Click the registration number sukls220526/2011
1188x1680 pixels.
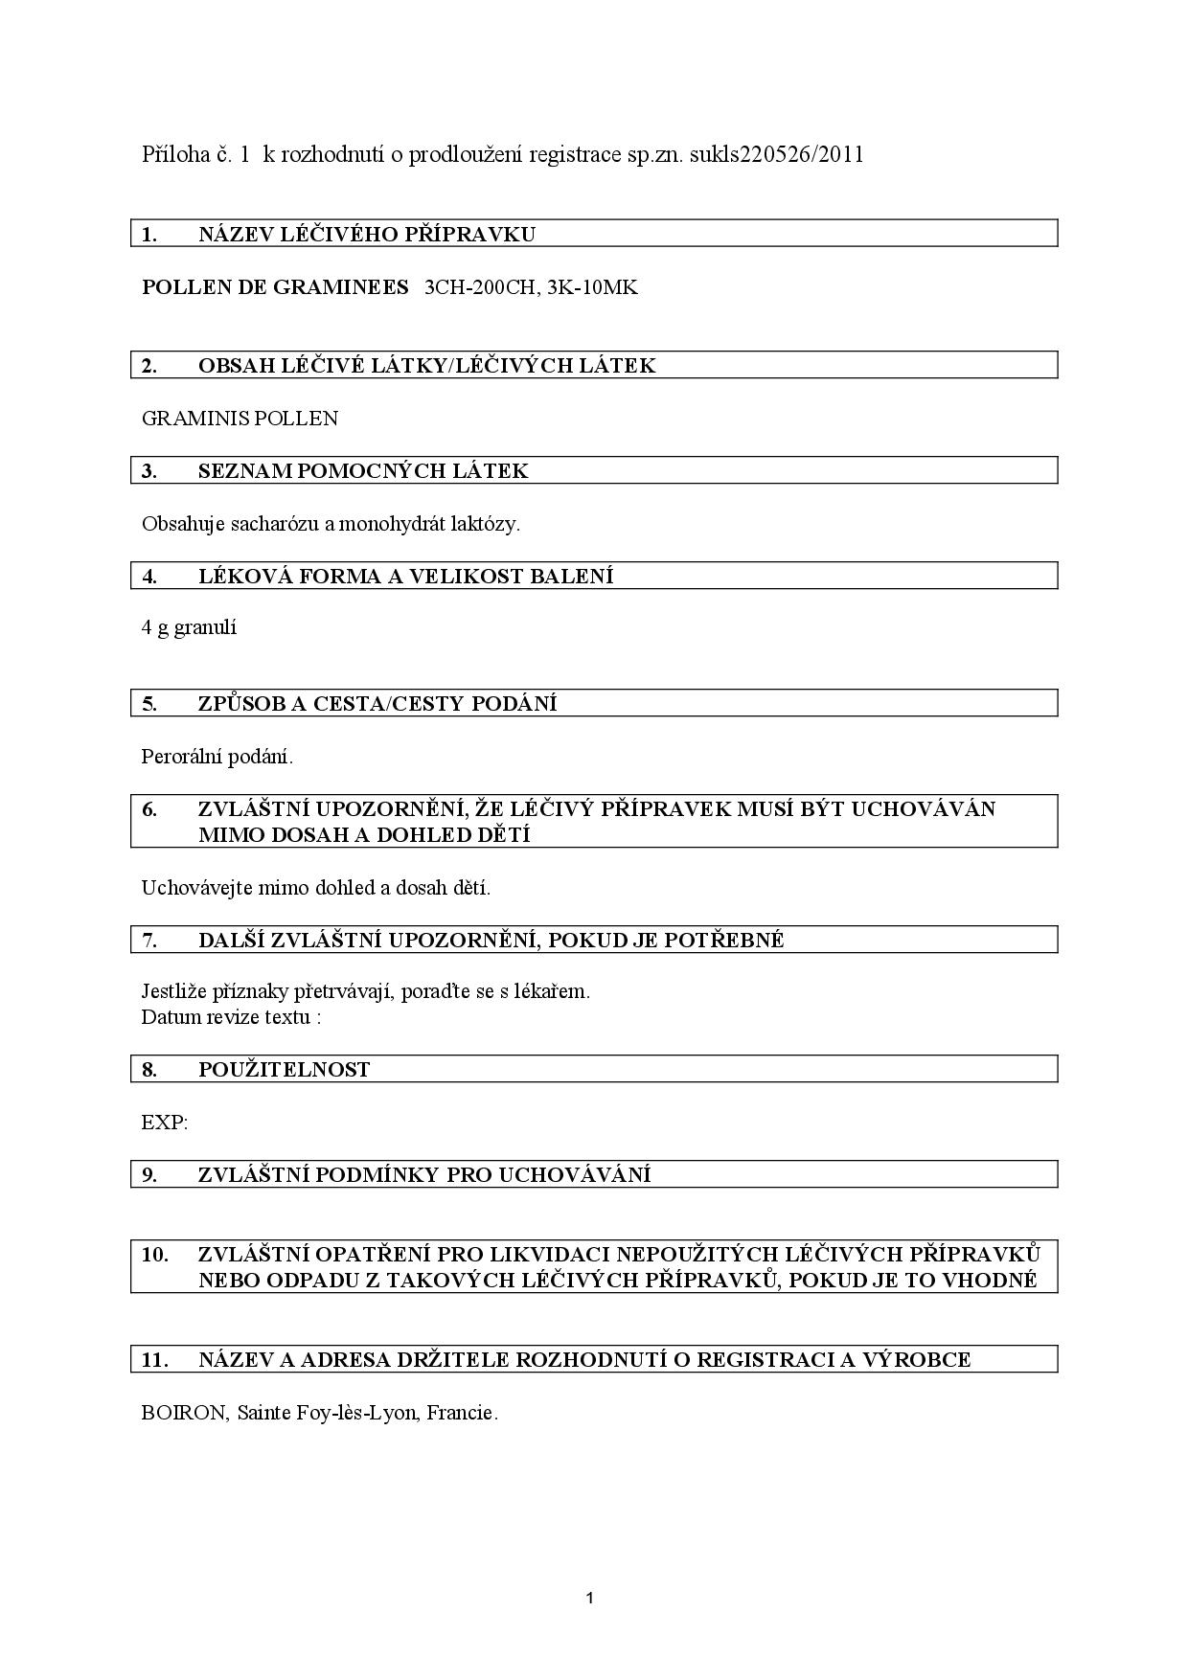pyautogui.click(x=774, y=154)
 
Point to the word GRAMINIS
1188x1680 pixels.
pyautogui.click(x=191, y=419)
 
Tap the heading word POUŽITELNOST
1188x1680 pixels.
pyautogui.click(x=284, y=1070)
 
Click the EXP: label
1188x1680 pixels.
pyautogui.click(x=164, y=1123)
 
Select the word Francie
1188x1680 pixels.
pyautogui.click(x=462, y=1413)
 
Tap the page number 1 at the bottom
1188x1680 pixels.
pyautogui.click(x=589, y=1598)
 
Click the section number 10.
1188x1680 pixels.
pyautogui.click(x=154, y=1254)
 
